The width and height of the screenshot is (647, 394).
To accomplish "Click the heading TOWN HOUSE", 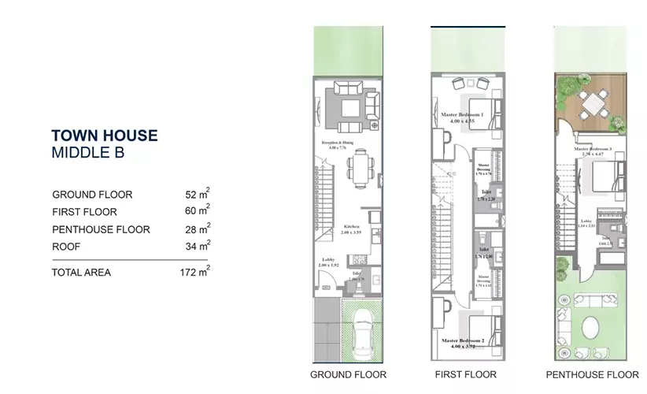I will click(104, 136).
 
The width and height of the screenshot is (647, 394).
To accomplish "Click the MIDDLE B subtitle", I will click(87, 153).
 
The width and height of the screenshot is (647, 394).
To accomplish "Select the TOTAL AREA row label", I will click(81, 273).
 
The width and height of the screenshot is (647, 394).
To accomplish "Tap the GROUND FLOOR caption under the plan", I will click(348, 374).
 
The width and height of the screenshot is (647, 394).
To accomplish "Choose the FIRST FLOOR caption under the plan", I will click(466, 374).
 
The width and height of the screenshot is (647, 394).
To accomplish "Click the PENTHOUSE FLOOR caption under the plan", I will click(592, 374).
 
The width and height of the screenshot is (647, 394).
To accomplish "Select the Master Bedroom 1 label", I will click(462, 115).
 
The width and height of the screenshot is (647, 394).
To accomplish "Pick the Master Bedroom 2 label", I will click(462, 340).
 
